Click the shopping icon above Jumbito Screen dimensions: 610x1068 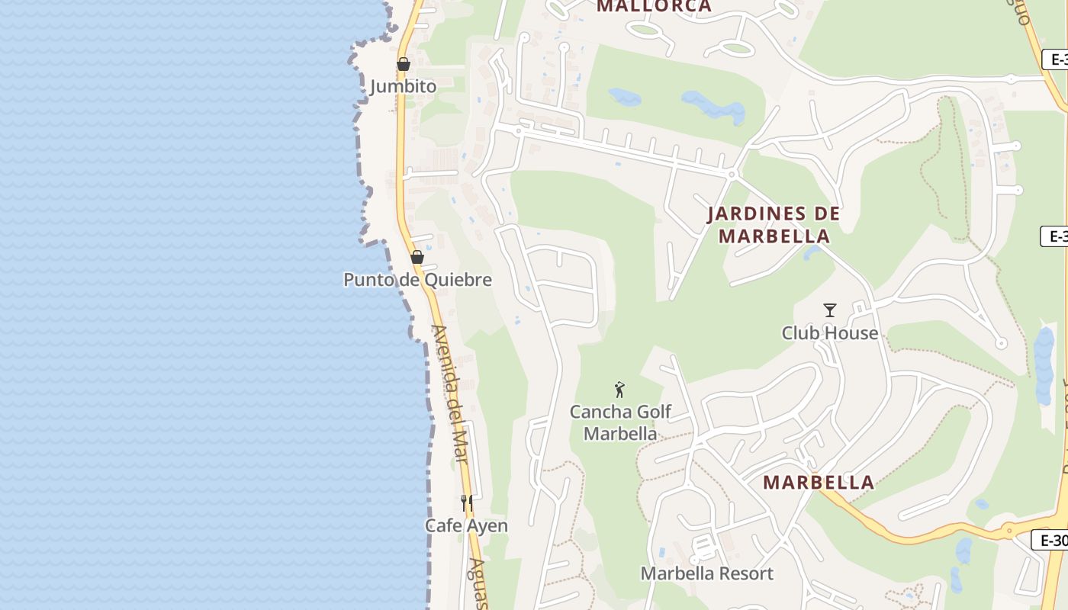tap(404, 64)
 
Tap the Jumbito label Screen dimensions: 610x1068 tap(404, 86)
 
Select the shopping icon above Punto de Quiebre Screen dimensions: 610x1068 tap(417, 257)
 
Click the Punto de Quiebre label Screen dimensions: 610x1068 tap(417, 280)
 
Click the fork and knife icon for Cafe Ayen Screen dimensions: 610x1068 tap(467, 503)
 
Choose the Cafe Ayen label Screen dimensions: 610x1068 tap(466, 525)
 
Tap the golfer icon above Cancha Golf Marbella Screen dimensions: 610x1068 tap(619, 390)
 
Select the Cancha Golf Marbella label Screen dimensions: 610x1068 tap(620, 422)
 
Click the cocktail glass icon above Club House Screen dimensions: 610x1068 tap(830, 310)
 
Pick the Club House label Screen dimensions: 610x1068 tap(830, 333)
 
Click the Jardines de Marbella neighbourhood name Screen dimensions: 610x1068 tap(774, 225)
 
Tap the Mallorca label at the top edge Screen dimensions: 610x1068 tap(654, 7)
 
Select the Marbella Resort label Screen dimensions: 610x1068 tap(707, 573)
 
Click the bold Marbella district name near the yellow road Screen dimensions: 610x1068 tap(819, 483)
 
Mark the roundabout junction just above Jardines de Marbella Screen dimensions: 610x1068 tap(731, 175)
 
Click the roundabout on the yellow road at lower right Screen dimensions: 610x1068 tap(1008, 530)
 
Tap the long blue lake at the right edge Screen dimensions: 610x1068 tap(1043, 367)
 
